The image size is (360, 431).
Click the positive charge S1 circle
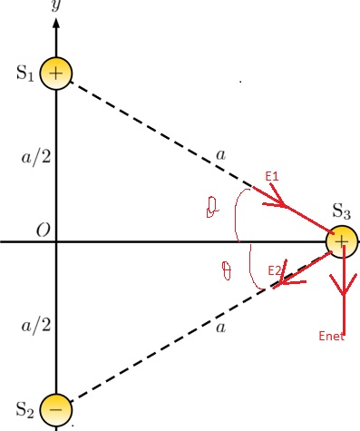[x=56, y=74]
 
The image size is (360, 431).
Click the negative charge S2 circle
[x=56, y=409]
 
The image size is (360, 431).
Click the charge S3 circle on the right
[x=342, y=242]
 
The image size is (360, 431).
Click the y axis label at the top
[x=56, y=5]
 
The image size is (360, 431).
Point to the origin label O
[x=42, y=231]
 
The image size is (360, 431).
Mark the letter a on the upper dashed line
[x=220, y=155]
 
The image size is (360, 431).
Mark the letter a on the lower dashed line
[x=220, y=328]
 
